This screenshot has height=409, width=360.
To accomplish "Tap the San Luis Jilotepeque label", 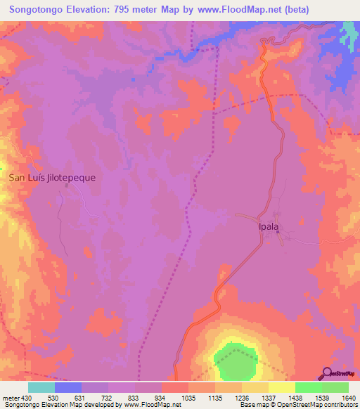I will click(x=52, y=178).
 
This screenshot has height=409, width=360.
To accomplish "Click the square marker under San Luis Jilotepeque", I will click(x=67, y=186).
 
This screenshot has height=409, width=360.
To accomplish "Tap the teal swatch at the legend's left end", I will click(x=41, y=387).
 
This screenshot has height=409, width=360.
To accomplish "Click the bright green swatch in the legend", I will click(x=308, y=387).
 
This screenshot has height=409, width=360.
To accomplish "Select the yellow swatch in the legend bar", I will click(x=281, y=387).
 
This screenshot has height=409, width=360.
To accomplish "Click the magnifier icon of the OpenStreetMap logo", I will click(x=326, y=372).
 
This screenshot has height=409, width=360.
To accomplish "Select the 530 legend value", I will click(x=53, y=398).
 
